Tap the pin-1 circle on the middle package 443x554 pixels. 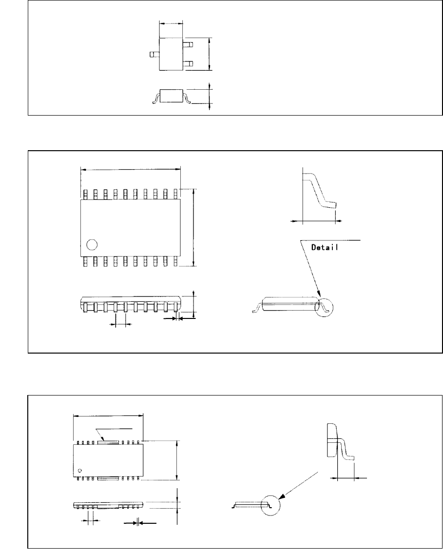tap(91, 244)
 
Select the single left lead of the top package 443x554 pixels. tap(154, 55)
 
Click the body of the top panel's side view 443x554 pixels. tap(171, 96)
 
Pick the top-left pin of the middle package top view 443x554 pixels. tap(85, 194)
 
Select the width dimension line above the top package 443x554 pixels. tap(171, 23)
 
